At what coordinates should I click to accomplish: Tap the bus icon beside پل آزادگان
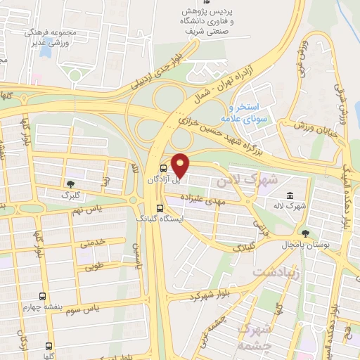pyautogui.click(x=164, y=169)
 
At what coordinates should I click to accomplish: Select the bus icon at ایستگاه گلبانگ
pyautogui.click(x=160, y=208)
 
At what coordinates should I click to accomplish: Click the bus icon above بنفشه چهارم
pyautogui.click(x=43, y=296)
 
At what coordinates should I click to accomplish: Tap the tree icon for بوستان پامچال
pyautogui.click(x=304, y=233)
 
